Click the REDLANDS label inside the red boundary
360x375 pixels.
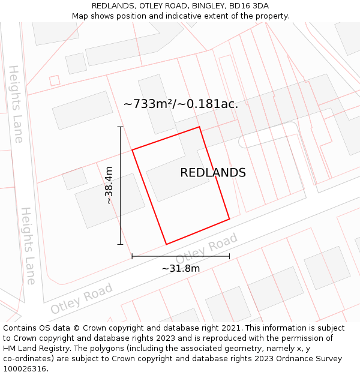213,173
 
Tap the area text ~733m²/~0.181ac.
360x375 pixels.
181,104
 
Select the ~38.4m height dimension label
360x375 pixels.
109,185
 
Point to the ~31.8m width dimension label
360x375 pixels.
181,268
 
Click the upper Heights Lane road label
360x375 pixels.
16,104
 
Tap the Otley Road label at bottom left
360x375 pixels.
82,299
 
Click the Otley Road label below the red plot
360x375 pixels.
206,248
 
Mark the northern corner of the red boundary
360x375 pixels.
199,127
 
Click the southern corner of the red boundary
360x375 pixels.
166,244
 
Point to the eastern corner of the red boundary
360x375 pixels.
229,219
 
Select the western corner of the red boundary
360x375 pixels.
133,149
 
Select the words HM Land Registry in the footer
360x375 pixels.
38,349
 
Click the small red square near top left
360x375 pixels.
55,80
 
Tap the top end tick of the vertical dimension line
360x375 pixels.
120,127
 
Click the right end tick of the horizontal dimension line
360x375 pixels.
229,256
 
